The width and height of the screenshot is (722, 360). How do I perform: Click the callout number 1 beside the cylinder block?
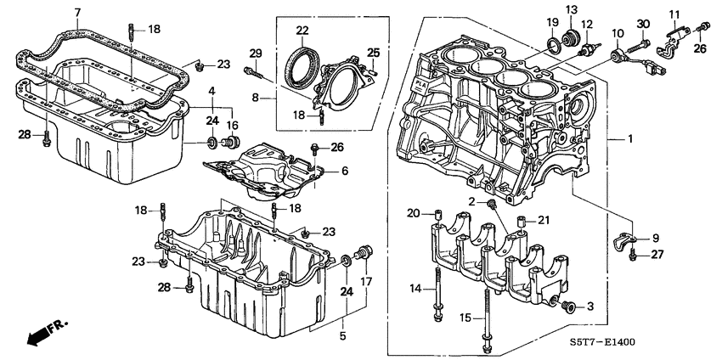(630, 138)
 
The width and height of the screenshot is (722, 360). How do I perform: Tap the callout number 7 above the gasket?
(77, 12)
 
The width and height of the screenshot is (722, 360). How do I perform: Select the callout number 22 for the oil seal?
(302, 31)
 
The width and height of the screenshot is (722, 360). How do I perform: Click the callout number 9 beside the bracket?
(655, 238)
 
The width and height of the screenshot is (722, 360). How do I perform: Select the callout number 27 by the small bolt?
(656, 254)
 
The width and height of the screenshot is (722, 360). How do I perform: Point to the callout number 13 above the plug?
(571, 9)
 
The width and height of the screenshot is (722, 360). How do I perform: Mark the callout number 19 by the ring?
(552, 21)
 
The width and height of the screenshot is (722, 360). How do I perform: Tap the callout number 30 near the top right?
(643, 23)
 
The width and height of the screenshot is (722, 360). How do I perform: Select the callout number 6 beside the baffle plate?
(345, 171)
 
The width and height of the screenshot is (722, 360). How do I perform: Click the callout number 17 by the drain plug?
(368, 281)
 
